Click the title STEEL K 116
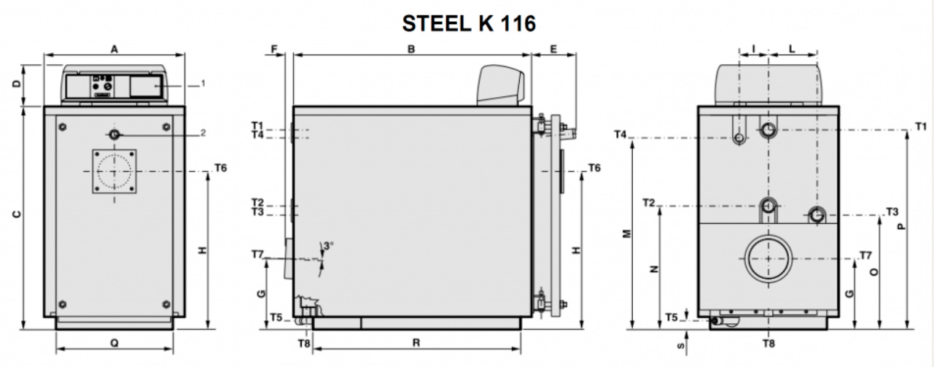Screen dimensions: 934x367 coord(469,23)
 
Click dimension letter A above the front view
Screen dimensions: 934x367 coord(114,50)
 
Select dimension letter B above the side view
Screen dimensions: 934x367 coord(411,49)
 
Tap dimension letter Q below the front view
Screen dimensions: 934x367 coord(114,343)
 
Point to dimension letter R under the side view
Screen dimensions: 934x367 coord(416,343)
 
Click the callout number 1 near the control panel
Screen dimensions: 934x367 coord(203,83)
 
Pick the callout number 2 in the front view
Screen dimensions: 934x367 coord(203,133)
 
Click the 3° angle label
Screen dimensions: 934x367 coord(328,246)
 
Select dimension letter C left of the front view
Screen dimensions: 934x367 coord(17,215)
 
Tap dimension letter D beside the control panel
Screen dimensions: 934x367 coord(17,83)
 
